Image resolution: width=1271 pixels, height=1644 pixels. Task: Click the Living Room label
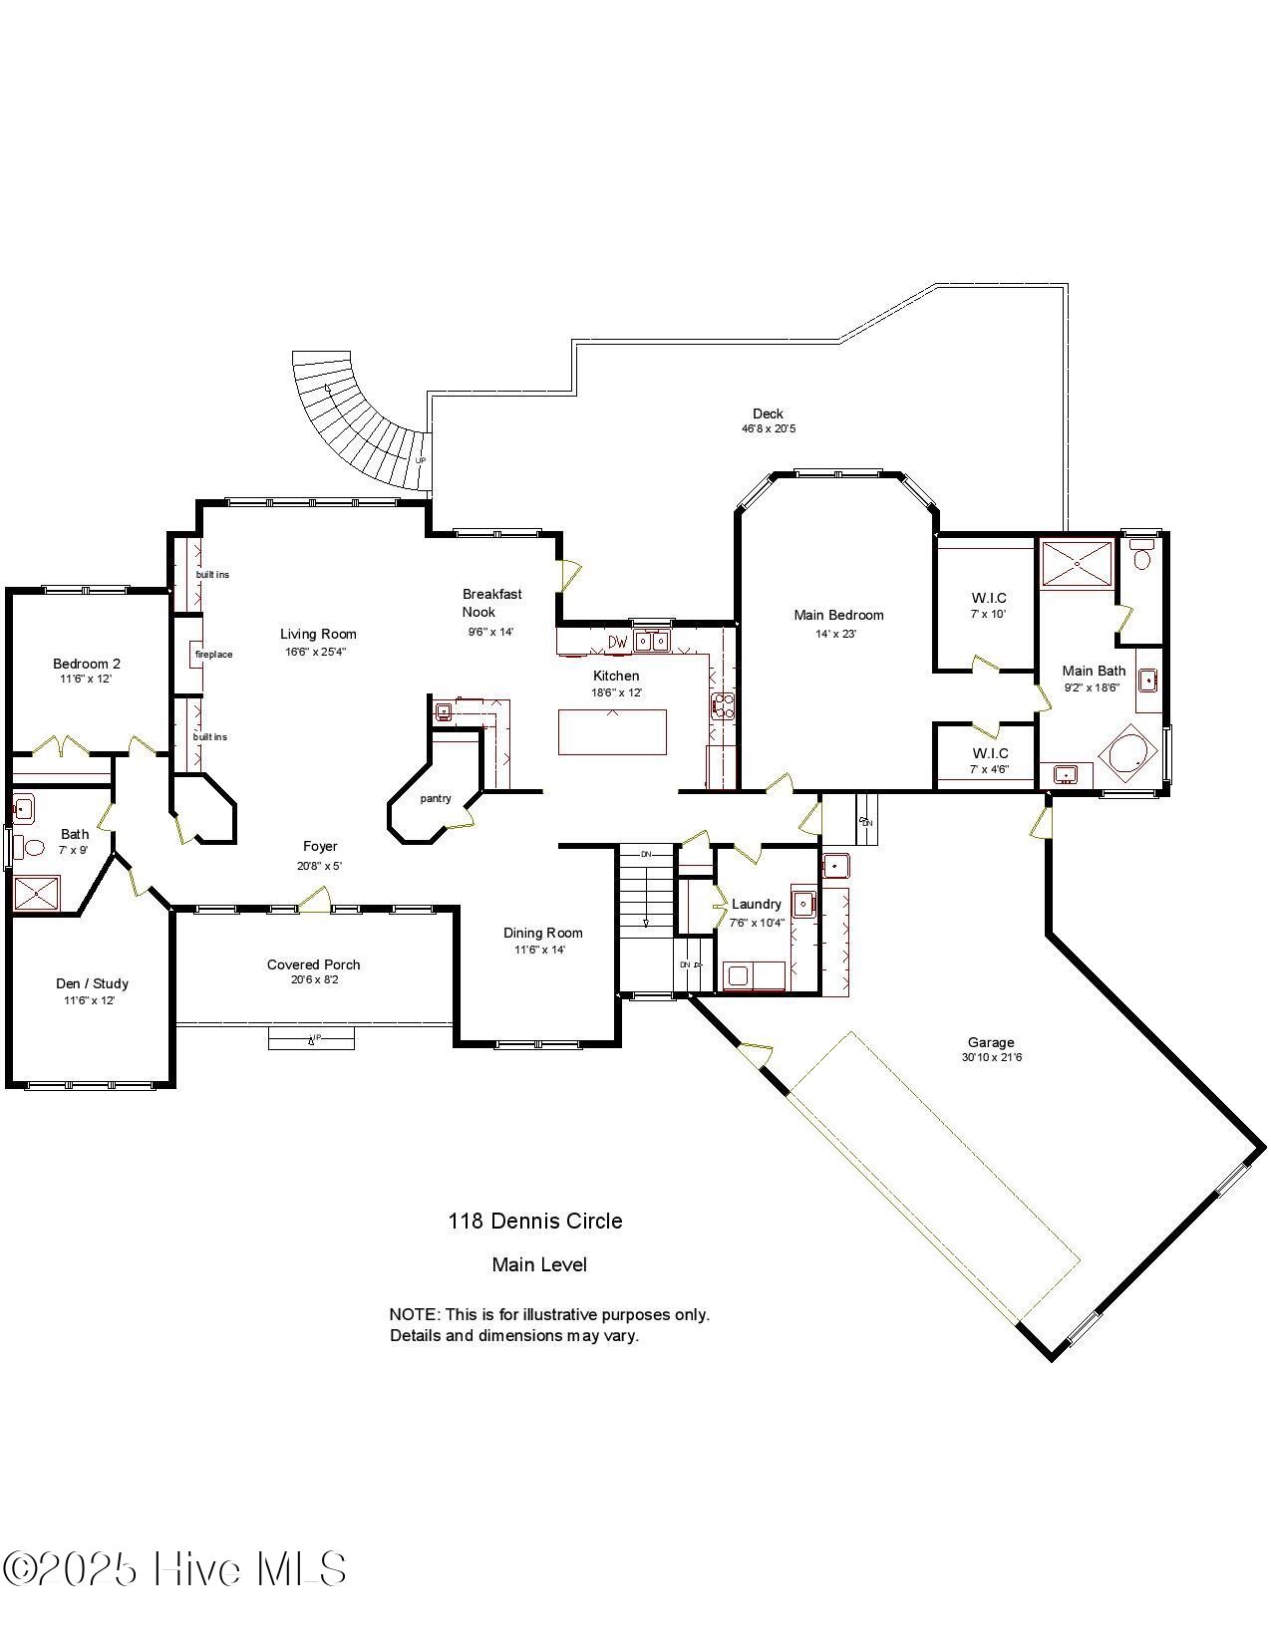tap(318, 634)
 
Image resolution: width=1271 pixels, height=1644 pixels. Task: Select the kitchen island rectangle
tap(612, 731)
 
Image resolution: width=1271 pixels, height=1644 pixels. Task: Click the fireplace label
tap(213, 655)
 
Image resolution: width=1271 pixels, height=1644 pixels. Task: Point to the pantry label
tap(436, 798)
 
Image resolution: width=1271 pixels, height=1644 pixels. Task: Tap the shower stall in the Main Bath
tap(1077, 564)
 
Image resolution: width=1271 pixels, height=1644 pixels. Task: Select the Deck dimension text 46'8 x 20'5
tap(768, 429)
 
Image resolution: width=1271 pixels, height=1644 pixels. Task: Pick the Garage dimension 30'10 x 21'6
tap(991, 1058)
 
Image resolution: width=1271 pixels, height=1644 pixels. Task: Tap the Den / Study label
tap(92, 983)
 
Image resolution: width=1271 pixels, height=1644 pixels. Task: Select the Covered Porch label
tap(313, 964)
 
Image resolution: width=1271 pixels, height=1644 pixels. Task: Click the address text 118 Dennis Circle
tap(535, 1222)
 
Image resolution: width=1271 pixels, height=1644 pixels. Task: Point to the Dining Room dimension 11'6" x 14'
tap(539, 950)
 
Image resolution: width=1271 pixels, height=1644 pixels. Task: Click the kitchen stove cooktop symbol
tap(722, 705)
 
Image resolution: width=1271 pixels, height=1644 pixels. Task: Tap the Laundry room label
tap(757, 904)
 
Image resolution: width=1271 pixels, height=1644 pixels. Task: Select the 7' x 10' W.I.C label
tap(989, 606)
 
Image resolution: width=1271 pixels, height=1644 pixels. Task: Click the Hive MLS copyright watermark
tap(174, 1569)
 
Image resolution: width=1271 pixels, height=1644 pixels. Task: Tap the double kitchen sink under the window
tap(652, 642)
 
